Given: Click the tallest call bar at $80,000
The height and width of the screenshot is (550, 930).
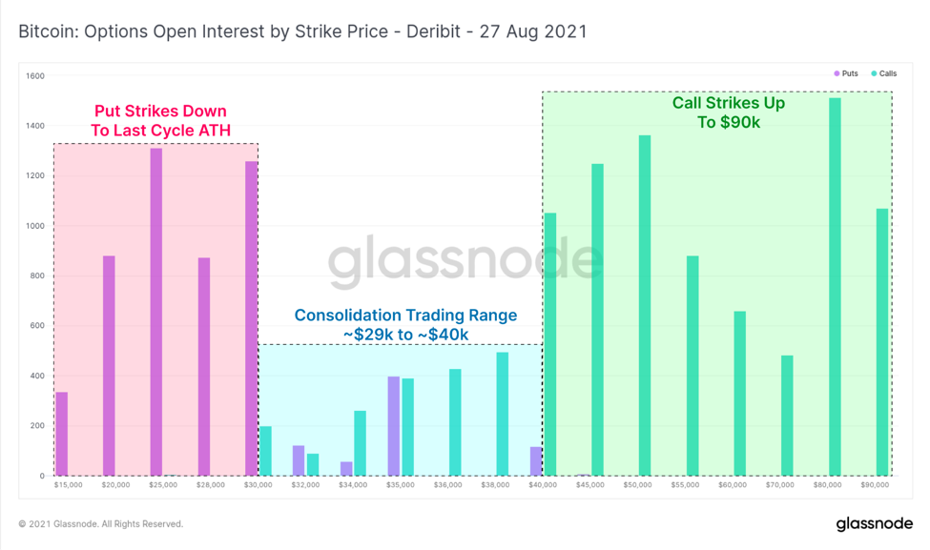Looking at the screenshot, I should [835, 286].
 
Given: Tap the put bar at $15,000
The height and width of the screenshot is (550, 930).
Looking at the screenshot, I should [62, 434].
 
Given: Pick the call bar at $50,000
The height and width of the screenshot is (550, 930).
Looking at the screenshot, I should [645, 305].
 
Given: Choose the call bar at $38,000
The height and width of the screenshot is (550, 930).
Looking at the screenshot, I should [503, 414].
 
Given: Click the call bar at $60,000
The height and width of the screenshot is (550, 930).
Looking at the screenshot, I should [739, 393].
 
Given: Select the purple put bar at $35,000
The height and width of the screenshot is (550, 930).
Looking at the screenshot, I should [394, 426].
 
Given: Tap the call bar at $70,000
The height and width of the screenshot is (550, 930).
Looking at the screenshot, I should [787, 416].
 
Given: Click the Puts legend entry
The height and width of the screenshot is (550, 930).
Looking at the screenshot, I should [846, 73].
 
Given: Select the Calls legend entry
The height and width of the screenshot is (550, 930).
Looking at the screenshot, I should [883, 73].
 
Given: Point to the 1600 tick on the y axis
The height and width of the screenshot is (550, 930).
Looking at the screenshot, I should [36, 76].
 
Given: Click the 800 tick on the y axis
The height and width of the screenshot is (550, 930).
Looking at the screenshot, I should [36, 276].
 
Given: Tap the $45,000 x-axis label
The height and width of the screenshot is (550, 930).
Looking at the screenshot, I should [590, 484].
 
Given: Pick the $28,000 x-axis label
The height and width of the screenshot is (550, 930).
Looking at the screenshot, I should [211, 484].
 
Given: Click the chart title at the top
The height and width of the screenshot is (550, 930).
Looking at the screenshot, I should [302, 31].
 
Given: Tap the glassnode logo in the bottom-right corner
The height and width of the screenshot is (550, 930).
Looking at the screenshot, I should [874, 523].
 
